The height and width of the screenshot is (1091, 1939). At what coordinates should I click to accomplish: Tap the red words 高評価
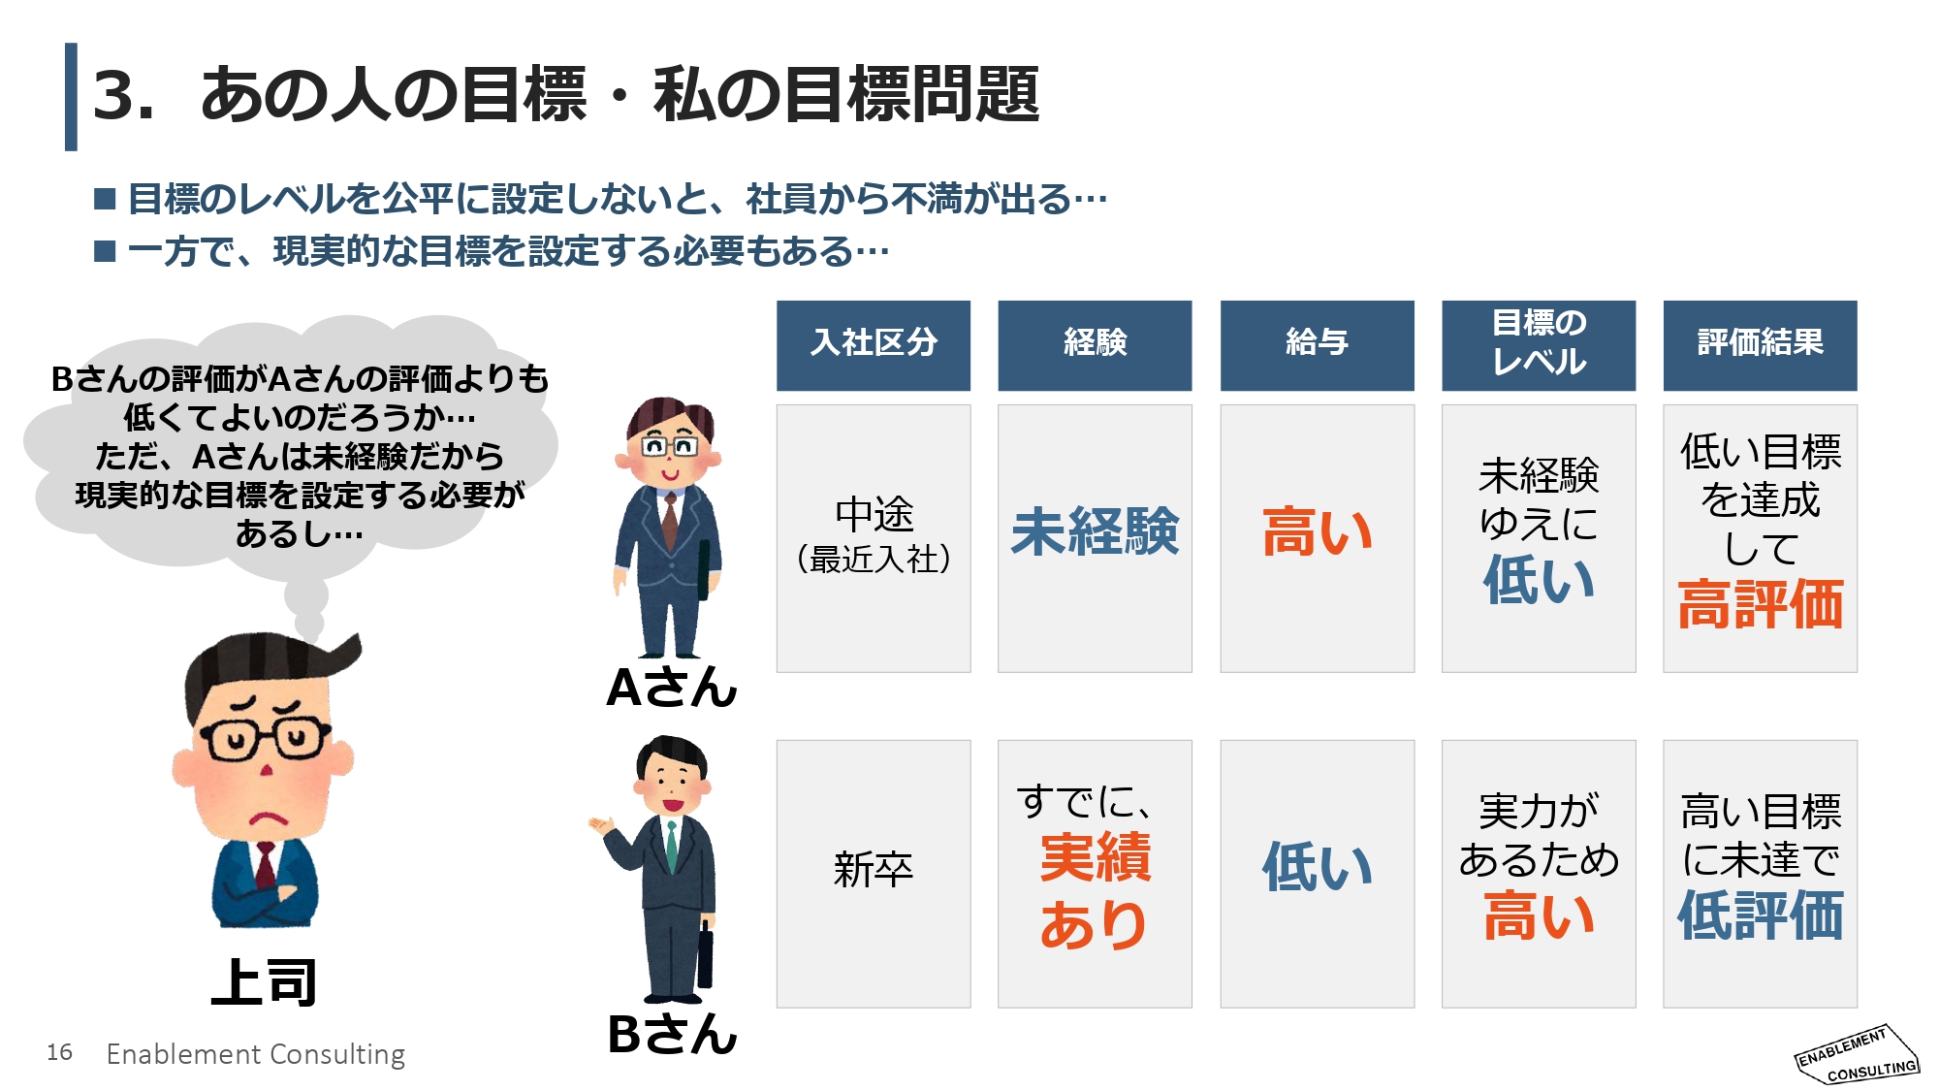tap(1761, 605)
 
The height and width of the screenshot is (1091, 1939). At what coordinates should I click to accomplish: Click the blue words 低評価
tap(1761, 915)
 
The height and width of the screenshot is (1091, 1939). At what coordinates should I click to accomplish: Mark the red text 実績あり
tap(1095, 890)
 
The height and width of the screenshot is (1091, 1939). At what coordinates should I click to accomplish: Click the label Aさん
tap(672, 688)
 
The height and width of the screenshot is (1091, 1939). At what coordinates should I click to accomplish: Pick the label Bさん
tap(672, 1034)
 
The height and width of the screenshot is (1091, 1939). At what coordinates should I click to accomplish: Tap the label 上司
tap(264, 982)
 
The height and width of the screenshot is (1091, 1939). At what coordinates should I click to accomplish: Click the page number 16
tap(59, 1052)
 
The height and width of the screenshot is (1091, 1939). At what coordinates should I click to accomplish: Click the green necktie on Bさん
tap(671, 844)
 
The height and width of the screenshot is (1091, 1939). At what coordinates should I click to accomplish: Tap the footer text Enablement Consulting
tap(256, 1054)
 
